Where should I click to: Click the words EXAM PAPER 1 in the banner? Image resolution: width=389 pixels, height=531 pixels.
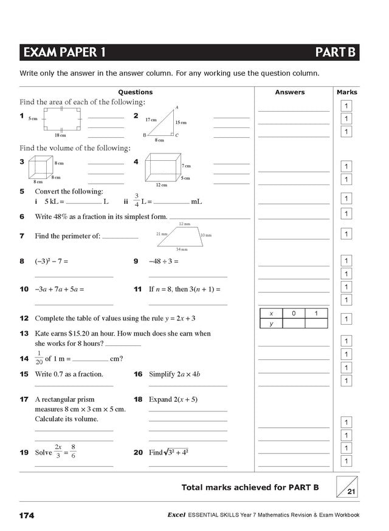click(63, 53)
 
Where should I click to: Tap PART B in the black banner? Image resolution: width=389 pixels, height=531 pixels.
click(335, 53)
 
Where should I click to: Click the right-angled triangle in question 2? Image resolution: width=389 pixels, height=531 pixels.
click(165, 124)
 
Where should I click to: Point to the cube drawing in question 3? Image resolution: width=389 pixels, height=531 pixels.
click(41, 167)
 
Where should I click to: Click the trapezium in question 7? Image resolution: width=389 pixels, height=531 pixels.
click(181, 236)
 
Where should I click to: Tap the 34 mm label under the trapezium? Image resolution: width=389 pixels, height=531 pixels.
click(182, 249)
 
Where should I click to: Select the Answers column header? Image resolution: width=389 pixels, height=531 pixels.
click(289, 92)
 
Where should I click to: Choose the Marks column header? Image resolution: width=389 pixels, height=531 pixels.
click(346, 92)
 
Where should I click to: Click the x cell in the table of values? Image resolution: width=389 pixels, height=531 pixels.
click(271, 313)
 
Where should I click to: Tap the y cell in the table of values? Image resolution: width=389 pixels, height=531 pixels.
click(271, 323)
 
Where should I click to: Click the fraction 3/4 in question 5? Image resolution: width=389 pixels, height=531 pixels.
click(137, 200)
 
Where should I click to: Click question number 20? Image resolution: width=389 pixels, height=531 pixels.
click(138, 452)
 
